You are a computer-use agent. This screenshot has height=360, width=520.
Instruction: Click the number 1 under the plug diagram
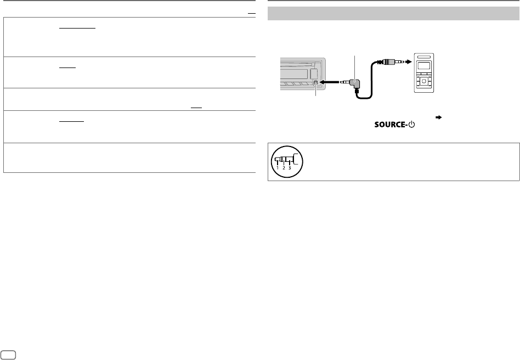(x=278, y=168)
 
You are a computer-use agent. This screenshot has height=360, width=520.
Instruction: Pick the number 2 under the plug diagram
(x=284, y=168)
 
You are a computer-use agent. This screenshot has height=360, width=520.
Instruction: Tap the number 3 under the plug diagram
(x=289, y=168)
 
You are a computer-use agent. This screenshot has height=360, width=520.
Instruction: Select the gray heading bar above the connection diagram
(x=393, y=14)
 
